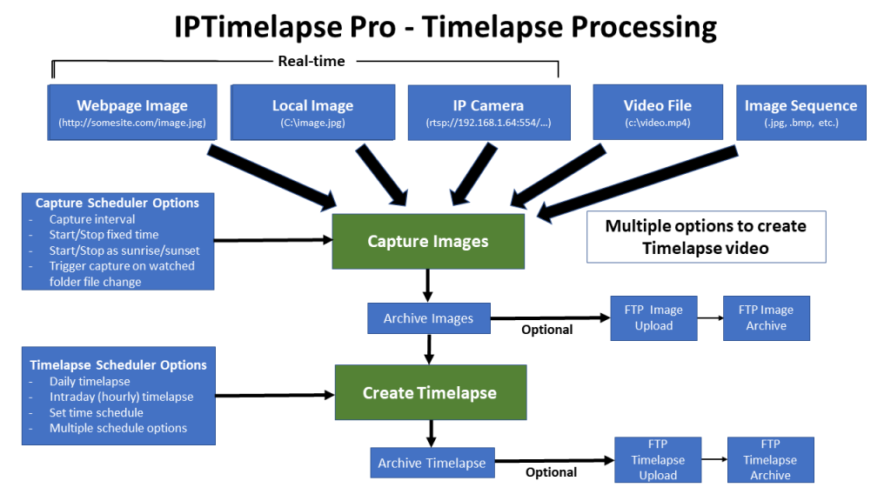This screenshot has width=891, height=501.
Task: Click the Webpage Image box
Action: [132, 112]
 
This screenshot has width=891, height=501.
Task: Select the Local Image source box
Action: [312, 112]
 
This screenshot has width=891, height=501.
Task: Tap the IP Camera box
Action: [489, 112]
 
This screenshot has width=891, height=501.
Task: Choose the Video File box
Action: [658, 112]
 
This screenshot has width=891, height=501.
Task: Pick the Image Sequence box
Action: [801, 112]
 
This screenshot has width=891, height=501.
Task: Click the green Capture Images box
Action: [428, 242]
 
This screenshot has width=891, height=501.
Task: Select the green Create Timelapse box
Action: [430, 392]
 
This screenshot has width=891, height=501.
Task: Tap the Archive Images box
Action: [428, 318]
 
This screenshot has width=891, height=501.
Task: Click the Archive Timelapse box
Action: [432, 463]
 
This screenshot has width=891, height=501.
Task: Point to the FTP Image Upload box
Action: [653, 318]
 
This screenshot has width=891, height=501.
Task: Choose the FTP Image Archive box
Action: [766, 318]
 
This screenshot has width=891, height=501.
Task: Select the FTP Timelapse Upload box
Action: [658, 459]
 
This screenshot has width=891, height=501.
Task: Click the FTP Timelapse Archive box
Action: [771, 459]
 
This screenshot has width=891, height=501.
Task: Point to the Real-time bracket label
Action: [312, 62]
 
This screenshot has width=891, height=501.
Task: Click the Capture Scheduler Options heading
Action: [117, 203]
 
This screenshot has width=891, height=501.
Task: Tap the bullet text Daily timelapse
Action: [90, 381]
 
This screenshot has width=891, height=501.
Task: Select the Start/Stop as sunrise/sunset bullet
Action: [124, 250]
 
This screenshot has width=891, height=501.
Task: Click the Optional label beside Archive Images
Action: [547, 330]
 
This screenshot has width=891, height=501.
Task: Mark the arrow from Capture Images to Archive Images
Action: [427, 285]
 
